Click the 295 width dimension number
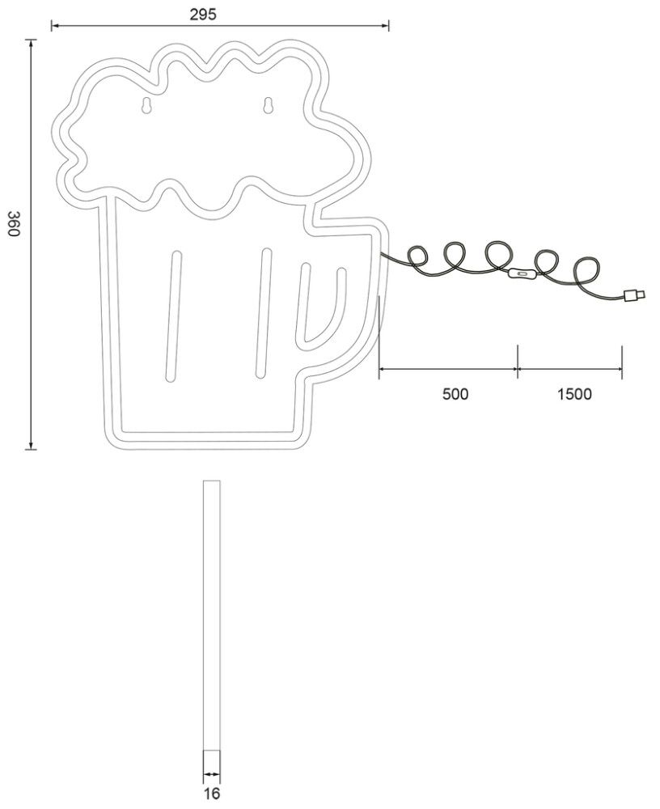coord(203,15)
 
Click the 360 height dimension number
coord(14,224)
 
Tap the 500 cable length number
coord(455,394)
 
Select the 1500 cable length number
coord(574,394)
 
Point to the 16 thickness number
coord(212,794)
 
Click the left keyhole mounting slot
coord(146,104)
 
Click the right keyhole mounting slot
coord(267,105)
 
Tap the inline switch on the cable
coord(522,274)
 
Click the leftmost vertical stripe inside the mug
coord(173,316)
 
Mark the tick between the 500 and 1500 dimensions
coord(518,362)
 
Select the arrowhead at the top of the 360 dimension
coord(32,44)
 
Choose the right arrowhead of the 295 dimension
coord(385,25)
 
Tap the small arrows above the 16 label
coord(212,774)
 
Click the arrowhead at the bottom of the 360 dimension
coord(32,445)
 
